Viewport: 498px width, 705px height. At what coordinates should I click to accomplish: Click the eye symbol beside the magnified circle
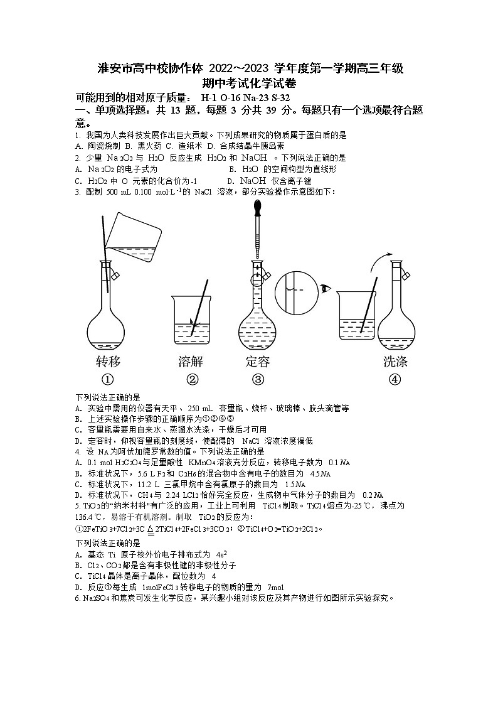click(326, 289)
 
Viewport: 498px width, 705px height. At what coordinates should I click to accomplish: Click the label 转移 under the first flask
click(107, 362)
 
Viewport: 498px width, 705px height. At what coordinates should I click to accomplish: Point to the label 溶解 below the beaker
click(192, 362)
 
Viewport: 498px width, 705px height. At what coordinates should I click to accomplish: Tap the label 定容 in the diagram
click(258, 362)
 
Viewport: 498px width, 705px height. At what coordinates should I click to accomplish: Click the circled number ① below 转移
click(107, 379)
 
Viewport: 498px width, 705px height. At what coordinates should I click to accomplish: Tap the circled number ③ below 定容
click(258, 379)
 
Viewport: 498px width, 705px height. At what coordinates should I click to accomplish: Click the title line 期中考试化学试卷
click(248, 83)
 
